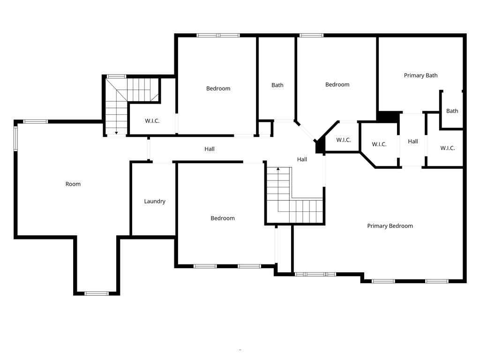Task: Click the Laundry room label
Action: [x=154, y=202]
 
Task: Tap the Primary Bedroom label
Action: [x=390, y=226]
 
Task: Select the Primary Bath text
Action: [x=420, y=75]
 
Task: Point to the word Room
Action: [x=73, y=184]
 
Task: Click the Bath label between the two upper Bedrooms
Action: [x=277, y=85]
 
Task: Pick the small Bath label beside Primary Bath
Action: [x=452, y=111]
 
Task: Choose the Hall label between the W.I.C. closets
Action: [x=412, y=142]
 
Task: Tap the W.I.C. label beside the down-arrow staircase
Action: [x=152, y=121]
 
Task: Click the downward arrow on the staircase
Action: [x=116, y=132]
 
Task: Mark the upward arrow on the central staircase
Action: [x=278, y=169]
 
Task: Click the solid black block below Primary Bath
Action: [x=388, y=117]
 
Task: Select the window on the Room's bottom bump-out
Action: [x=97, y=293]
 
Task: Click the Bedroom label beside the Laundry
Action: [x=222, y=218]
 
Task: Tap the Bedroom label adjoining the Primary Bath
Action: [x=337, y=85]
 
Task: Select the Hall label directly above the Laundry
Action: [x=209, y=149]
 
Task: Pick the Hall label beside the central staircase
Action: [x=302, y=160]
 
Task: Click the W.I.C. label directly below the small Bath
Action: [x=447, y=148]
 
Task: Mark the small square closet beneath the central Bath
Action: [x=265, y=128]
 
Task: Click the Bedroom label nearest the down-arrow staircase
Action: [x=218, y=89]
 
